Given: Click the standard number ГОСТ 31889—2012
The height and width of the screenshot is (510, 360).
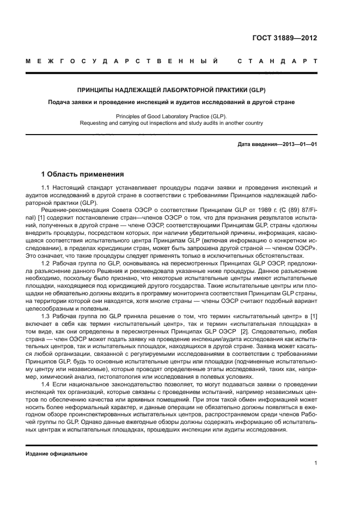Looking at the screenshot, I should [x=285, y=38].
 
